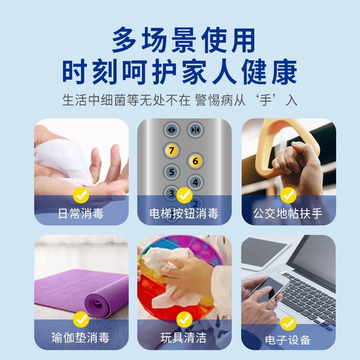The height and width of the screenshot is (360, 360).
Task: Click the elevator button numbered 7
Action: [x=172, y=151]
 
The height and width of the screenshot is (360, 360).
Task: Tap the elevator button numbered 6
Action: [x=195, y=161]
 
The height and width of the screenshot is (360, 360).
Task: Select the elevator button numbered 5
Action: [x=172, y=172]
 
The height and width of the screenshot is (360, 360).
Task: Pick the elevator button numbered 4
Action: [x=195, y=182]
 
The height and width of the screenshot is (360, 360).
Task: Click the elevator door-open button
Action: [x=172, y=130]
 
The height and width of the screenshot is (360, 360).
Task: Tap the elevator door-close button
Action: [x=195, y=130]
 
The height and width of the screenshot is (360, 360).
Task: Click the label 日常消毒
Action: [x=81, y=213]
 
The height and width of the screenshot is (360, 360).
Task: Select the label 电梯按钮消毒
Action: [x=184, y=213]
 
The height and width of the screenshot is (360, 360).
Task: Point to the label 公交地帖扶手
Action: [x=288, y=213]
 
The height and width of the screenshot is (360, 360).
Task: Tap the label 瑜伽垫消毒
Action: [x=80, y=337]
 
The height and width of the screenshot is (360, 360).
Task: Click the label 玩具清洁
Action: [x=184, y=337]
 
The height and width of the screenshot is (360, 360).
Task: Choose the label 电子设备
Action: [x=288, y=340]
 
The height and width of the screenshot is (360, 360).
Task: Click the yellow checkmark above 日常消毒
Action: [x=81, y=195]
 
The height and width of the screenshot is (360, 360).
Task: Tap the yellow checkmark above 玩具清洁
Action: [x=184, y=319]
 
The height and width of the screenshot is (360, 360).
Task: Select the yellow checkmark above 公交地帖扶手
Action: [x=289, y=195]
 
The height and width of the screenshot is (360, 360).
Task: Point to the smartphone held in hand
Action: [x=271, y=289]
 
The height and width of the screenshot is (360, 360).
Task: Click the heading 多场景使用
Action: [x=184, y=40]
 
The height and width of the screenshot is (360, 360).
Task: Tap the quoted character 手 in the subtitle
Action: [x=266, y=100]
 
